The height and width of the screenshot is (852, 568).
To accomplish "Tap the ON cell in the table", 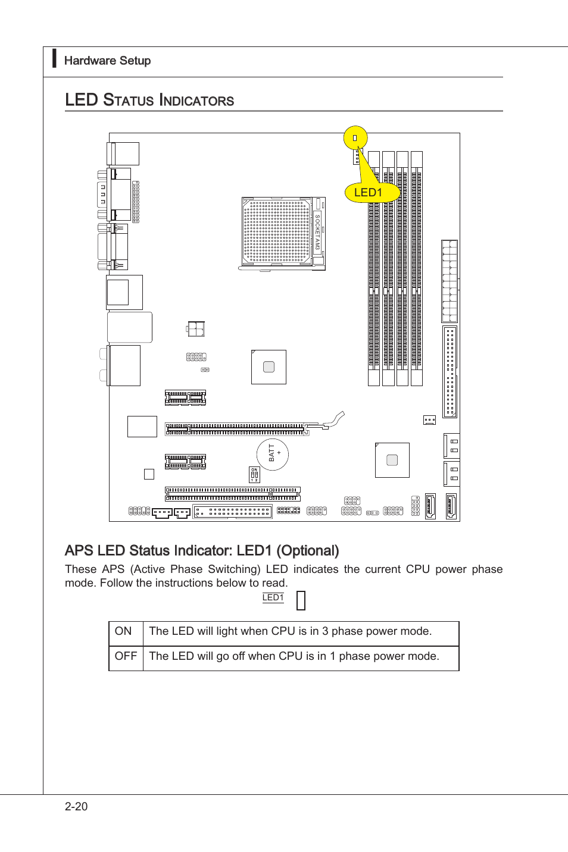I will [123, 631].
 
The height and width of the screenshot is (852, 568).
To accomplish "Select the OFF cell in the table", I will [126, 656].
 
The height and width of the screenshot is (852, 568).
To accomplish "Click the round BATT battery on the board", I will [273, 454].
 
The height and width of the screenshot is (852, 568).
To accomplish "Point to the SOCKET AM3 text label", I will [317, 232].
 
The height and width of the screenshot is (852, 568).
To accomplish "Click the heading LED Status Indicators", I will [149, 100].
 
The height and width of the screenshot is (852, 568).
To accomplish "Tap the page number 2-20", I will [76, 806].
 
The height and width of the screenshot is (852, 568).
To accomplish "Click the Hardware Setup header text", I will [107, 61].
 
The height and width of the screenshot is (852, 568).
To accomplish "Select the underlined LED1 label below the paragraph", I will [273, 597].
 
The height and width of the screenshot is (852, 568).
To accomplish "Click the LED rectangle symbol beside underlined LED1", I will [301, 600].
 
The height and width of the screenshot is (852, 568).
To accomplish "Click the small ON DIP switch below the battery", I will [254, 475].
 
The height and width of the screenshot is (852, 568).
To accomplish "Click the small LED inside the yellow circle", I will [355, 138].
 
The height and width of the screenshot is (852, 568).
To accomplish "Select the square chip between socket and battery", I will [269, 367].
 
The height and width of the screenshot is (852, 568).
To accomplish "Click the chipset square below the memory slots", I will [392, 460].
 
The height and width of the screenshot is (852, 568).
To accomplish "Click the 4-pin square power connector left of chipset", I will [195, 329].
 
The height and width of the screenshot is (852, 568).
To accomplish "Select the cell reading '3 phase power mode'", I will [291, 631].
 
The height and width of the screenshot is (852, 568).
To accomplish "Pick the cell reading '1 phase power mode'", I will [294, 656].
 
